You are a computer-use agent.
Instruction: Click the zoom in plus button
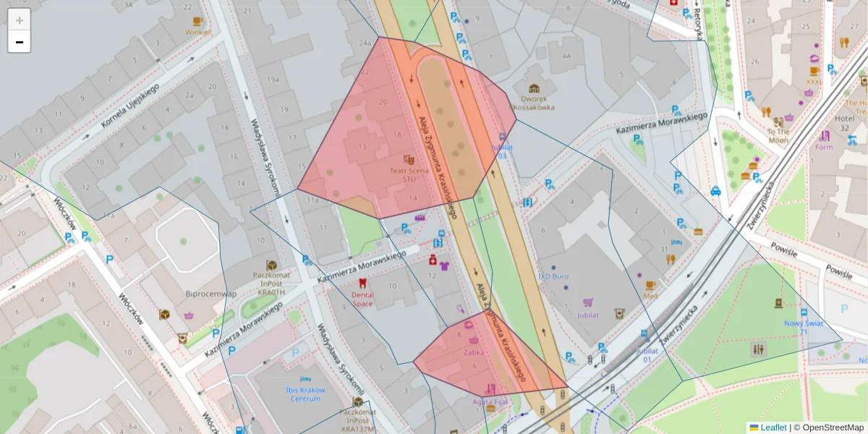coord(20,20)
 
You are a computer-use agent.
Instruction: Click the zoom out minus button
coord(20,42)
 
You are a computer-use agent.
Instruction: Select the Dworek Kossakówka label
coord(534,103)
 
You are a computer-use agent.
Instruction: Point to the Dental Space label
coord(362,299)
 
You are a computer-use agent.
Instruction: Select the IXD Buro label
coord(553,276)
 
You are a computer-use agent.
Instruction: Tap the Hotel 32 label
coord(843,123)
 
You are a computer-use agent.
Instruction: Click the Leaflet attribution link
coord(773,427)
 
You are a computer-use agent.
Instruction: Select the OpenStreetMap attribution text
coord(829,427)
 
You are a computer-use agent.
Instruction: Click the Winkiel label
coord(198,32)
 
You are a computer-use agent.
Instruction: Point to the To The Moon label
coord(778,136)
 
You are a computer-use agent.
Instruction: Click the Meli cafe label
coord(650,296)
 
